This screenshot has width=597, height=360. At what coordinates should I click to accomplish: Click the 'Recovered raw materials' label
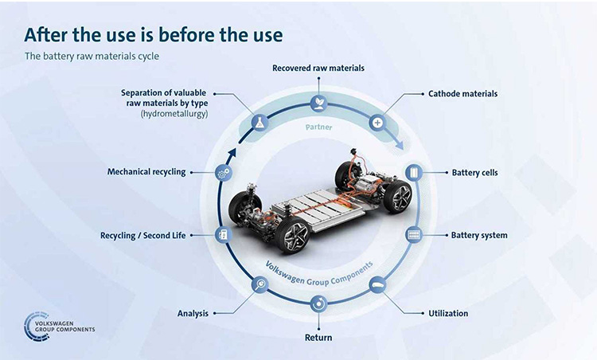click(x=318, y=68)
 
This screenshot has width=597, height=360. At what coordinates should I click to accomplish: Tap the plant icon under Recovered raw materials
click(x=318, y=103)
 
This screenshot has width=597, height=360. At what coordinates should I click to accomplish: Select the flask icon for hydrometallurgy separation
click(x=259, y=123)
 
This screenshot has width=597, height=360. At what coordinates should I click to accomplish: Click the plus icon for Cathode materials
click(x=377, y=123)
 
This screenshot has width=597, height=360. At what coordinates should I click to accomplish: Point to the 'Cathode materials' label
click(x=463, y=94)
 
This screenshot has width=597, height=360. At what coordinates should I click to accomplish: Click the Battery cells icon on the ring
click(x=414, y=173)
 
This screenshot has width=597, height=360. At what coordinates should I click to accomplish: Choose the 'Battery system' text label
click(x=479, y=236)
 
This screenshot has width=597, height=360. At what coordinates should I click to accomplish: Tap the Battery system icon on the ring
click(x=414, y=235)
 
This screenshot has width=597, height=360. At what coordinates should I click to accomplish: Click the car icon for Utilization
click(x=377, y=285)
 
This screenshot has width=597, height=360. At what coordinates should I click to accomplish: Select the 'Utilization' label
click(x=448, y=314)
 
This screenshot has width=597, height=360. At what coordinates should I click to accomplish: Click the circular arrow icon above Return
click(x=318, y=304)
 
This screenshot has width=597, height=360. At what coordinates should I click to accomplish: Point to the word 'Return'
click(x=318, y=338)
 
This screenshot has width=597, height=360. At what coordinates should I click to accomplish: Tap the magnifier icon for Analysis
click(x=260, y=284)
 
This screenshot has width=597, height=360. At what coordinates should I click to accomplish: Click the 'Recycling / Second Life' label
click(x=142, y=236)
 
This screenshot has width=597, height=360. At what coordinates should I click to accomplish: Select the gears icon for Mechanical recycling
click(x=224, y=173)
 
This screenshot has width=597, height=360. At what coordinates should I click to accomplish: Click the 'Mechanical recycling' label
click(x=146, y=172)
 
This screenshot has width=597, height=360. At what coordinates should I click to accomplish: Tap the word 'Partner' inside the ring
click(x=318, y=127)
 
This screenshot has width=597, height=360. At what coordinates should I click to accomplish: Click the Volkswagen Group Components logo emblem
click(x=37, y=327)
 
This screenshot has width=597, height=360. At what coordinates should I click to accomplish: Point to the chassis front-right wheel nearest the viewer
click(x=293, y=234)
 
